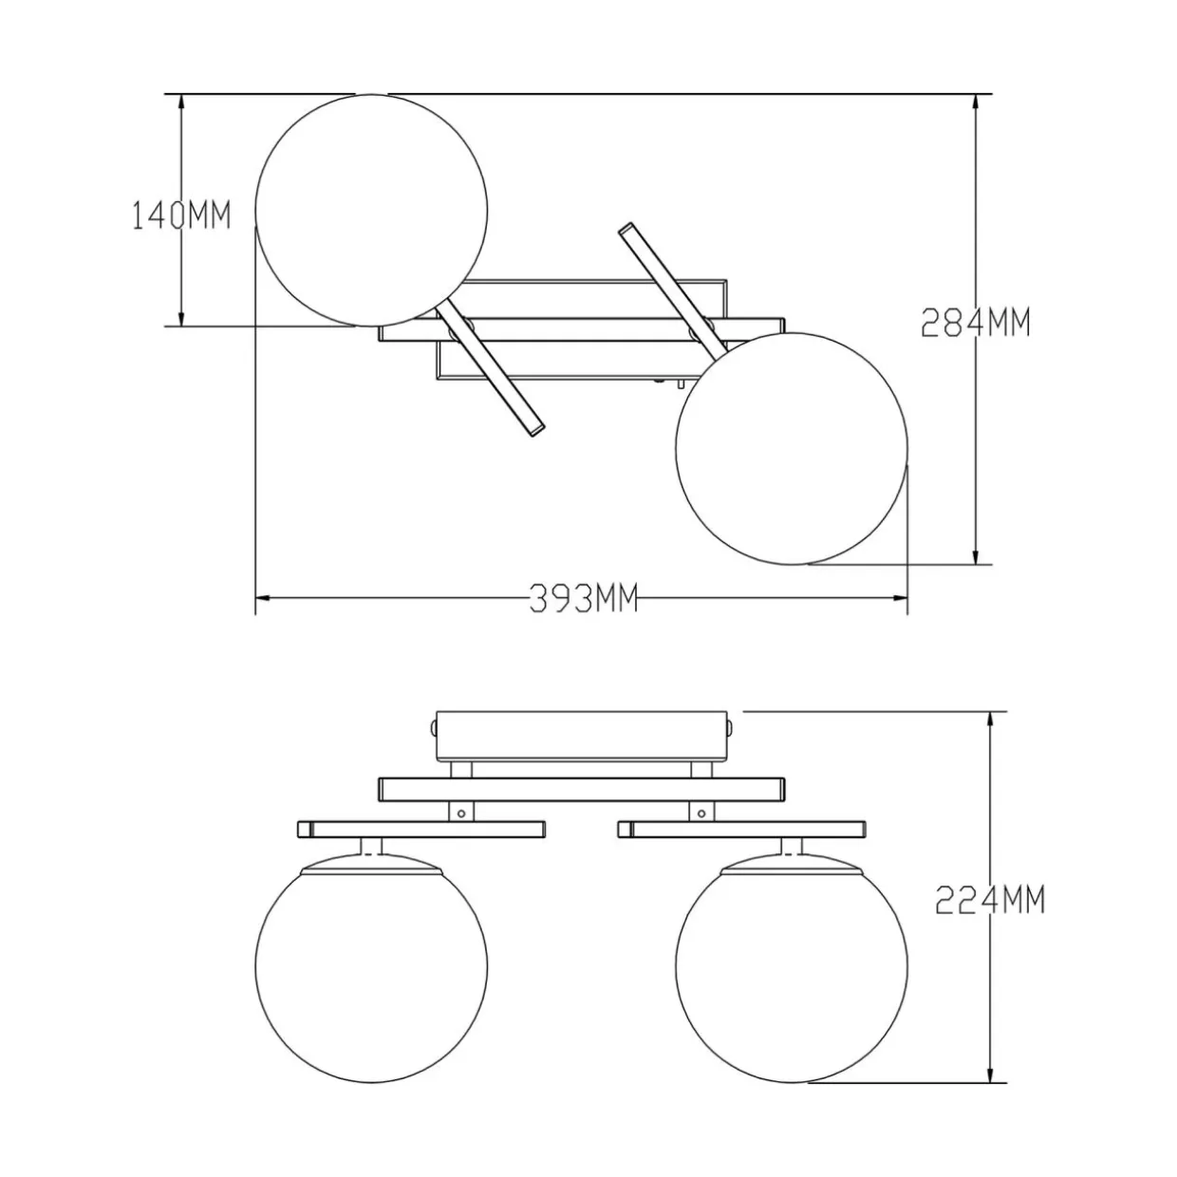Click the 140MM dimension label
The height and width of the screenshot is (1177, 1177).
coord(182,215)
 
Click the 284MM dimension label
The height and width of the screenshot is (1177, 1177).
coord(976,323)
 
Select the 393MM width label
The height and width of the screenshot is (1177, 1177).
coord(584,598)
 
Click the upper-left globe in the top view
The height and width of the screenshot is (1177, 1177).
coord(371,210)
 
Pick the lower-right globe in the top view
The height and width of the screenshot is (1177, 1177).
coord(792,448)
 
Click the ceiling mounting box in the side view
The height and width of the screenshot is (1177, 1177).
coord(582,736)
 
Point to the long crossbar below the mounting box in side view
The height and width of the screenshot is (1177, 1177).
coord(582,789)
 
